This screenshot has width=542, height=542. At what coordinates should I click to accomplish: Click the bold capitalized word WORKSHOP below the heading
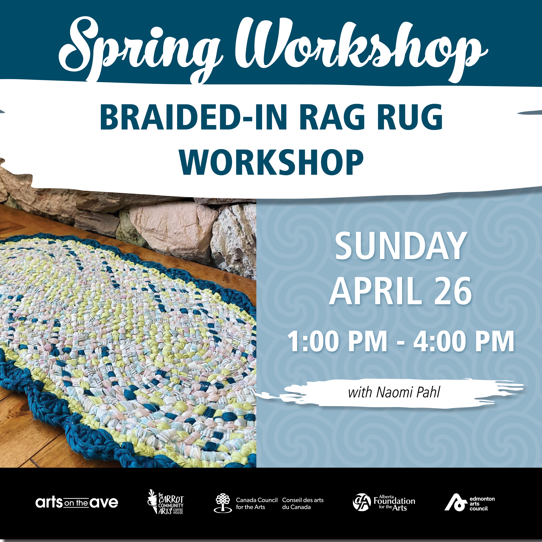click(x=272, y=162)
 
